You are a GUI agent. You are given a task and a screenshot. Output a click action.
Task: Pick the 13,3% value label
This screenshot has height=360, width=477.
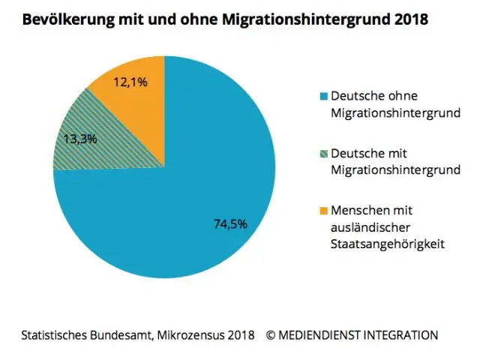tap(81, 138)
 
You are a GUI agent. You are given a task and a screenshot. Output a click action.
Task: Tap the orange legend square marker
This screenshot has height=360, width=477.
tap(323, 211)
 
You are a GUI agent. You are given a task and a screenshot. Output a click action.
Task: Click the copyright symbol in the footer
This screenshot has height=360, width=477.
tap(271, 334)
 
